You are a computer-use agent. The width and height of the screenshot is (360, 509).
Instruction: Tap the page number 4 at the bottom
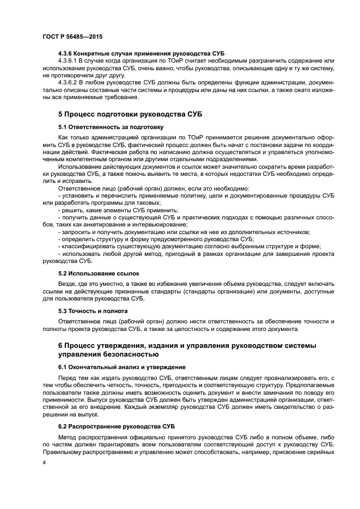point(44,463)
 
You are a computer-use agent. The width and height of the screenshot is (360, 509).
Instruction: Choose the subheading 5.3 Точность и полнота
point(93,311)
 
